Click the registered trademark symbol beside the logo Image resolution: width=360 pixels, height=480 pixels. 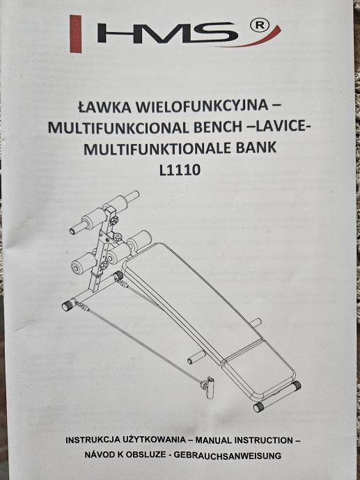pyautogui.click(x=260, y=26)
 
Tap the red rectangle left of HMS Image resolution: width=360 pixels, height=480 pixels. pyautogui.click(x=76, y=33)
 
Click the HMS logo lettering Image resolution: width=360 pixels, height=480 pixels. pyautogui.click(x=167, y=33)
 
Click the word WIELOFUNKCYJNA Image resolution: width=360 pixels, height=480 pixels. pyautogui.click(x=202, y=106)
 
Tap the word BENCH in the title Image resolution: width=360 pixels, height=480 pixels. pyautogui.click(x=218, y=127)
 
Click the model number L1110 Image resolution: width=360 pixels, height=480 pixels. pyautogui.click(x=180, y=170)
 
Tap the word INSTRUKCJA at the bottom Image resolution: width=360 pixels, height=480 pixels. pyautogui.click(x=93, y=440)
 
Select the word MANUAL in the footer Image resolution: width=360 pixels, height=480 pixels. pyautogui.click(x=213, y=440)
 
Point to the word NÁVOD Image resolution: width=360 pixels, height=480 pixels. pyautogui.click(x=100, y=455)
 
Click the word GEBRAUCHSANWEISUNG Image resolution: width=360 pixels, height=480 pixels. pyautogui.click(x=227, y=456)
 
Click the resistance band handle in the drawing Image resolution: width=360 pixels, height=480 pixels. pyautogui.click(x=210, y=387)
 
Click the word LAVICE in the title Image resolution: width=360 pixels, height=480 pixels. pyautogui.click(x=280, y=127)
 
